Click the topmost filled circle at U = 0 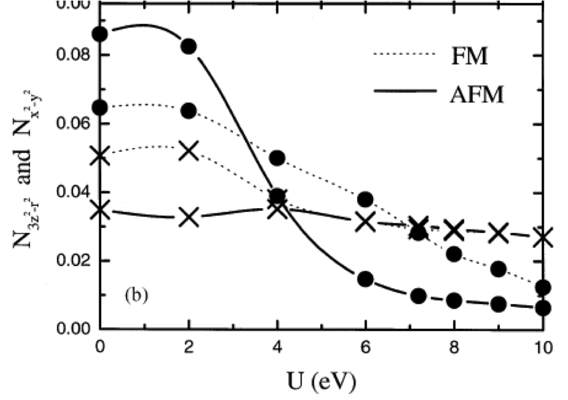click(100, 34)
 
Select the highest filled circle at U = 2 click(189, 47)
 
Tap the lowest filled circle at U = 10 click(543, 308)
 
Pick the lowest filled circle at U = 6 click(365, 279)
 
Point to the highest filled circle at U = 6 click(365, 199)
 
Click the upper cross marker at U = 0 click(100, 156)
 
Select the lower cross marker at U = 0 click(100, 209)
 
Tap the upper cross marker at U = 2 click(189, 150)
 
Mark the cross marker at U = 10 click(543, 238)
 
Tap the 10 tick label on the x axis click(543, 347)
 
